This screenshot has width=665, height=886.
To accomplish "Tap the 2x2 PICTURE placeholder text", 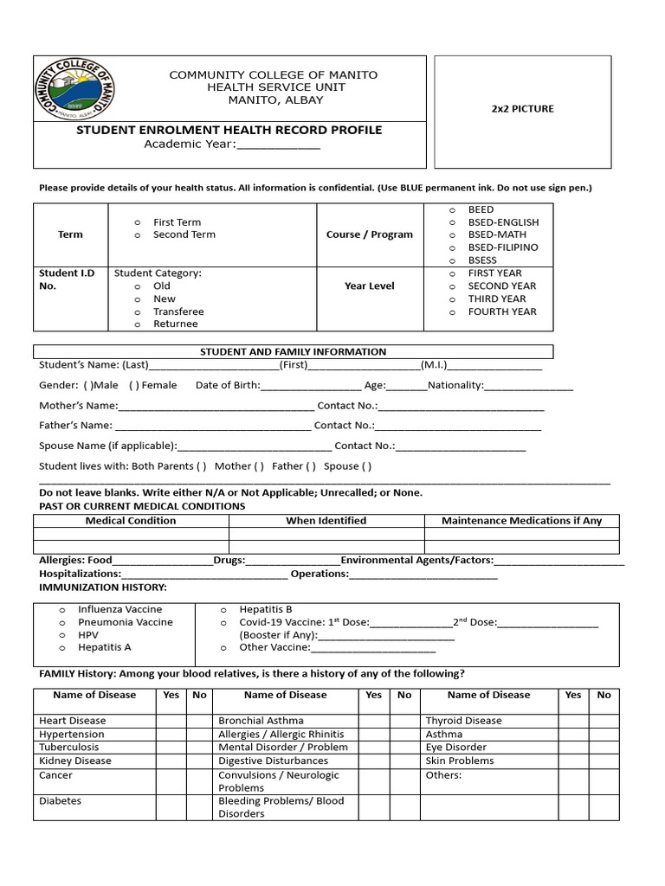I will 522,109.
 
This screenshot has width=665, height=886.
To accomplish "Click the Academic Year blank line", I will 278,144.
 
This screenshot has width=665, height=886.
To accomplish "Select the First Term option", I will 177,222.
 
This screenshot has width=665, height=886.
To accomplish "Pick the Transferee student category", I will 178,311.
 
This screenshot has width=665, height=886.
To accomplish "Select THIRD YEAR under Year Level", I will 496,299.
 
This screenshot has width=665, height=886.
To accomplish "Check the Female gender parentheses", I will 134,385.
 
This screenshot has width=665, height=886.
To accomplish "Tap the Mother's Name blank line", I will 216,406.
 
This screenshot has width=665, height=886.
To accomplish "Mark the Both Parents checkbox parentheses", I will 201,466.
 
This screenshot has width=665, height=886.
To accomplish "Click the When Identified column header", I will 326,521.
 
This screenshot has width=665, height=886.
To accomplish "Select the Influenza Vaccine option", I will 119,609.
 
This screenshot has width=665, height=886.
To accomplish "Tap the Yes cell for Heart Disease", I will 171,721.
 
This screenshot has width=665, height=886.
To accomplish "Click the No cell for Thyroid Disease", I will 604,721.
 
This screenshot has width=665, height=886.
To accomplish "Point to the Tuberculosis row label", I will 69,747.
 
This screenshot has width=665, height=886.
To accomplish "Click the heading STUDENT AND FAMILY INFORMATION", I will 293,352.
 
